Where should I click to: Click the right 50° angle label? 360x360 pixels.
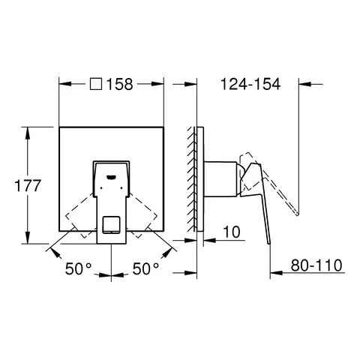pos(147,267)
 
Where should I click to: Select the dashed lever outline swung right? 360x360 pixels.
pos(145,217)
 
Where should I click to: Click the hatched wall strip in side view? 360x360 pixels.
pos(197,180)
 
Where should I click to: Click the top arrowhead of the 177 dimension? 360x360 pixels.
pos(28,130)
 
